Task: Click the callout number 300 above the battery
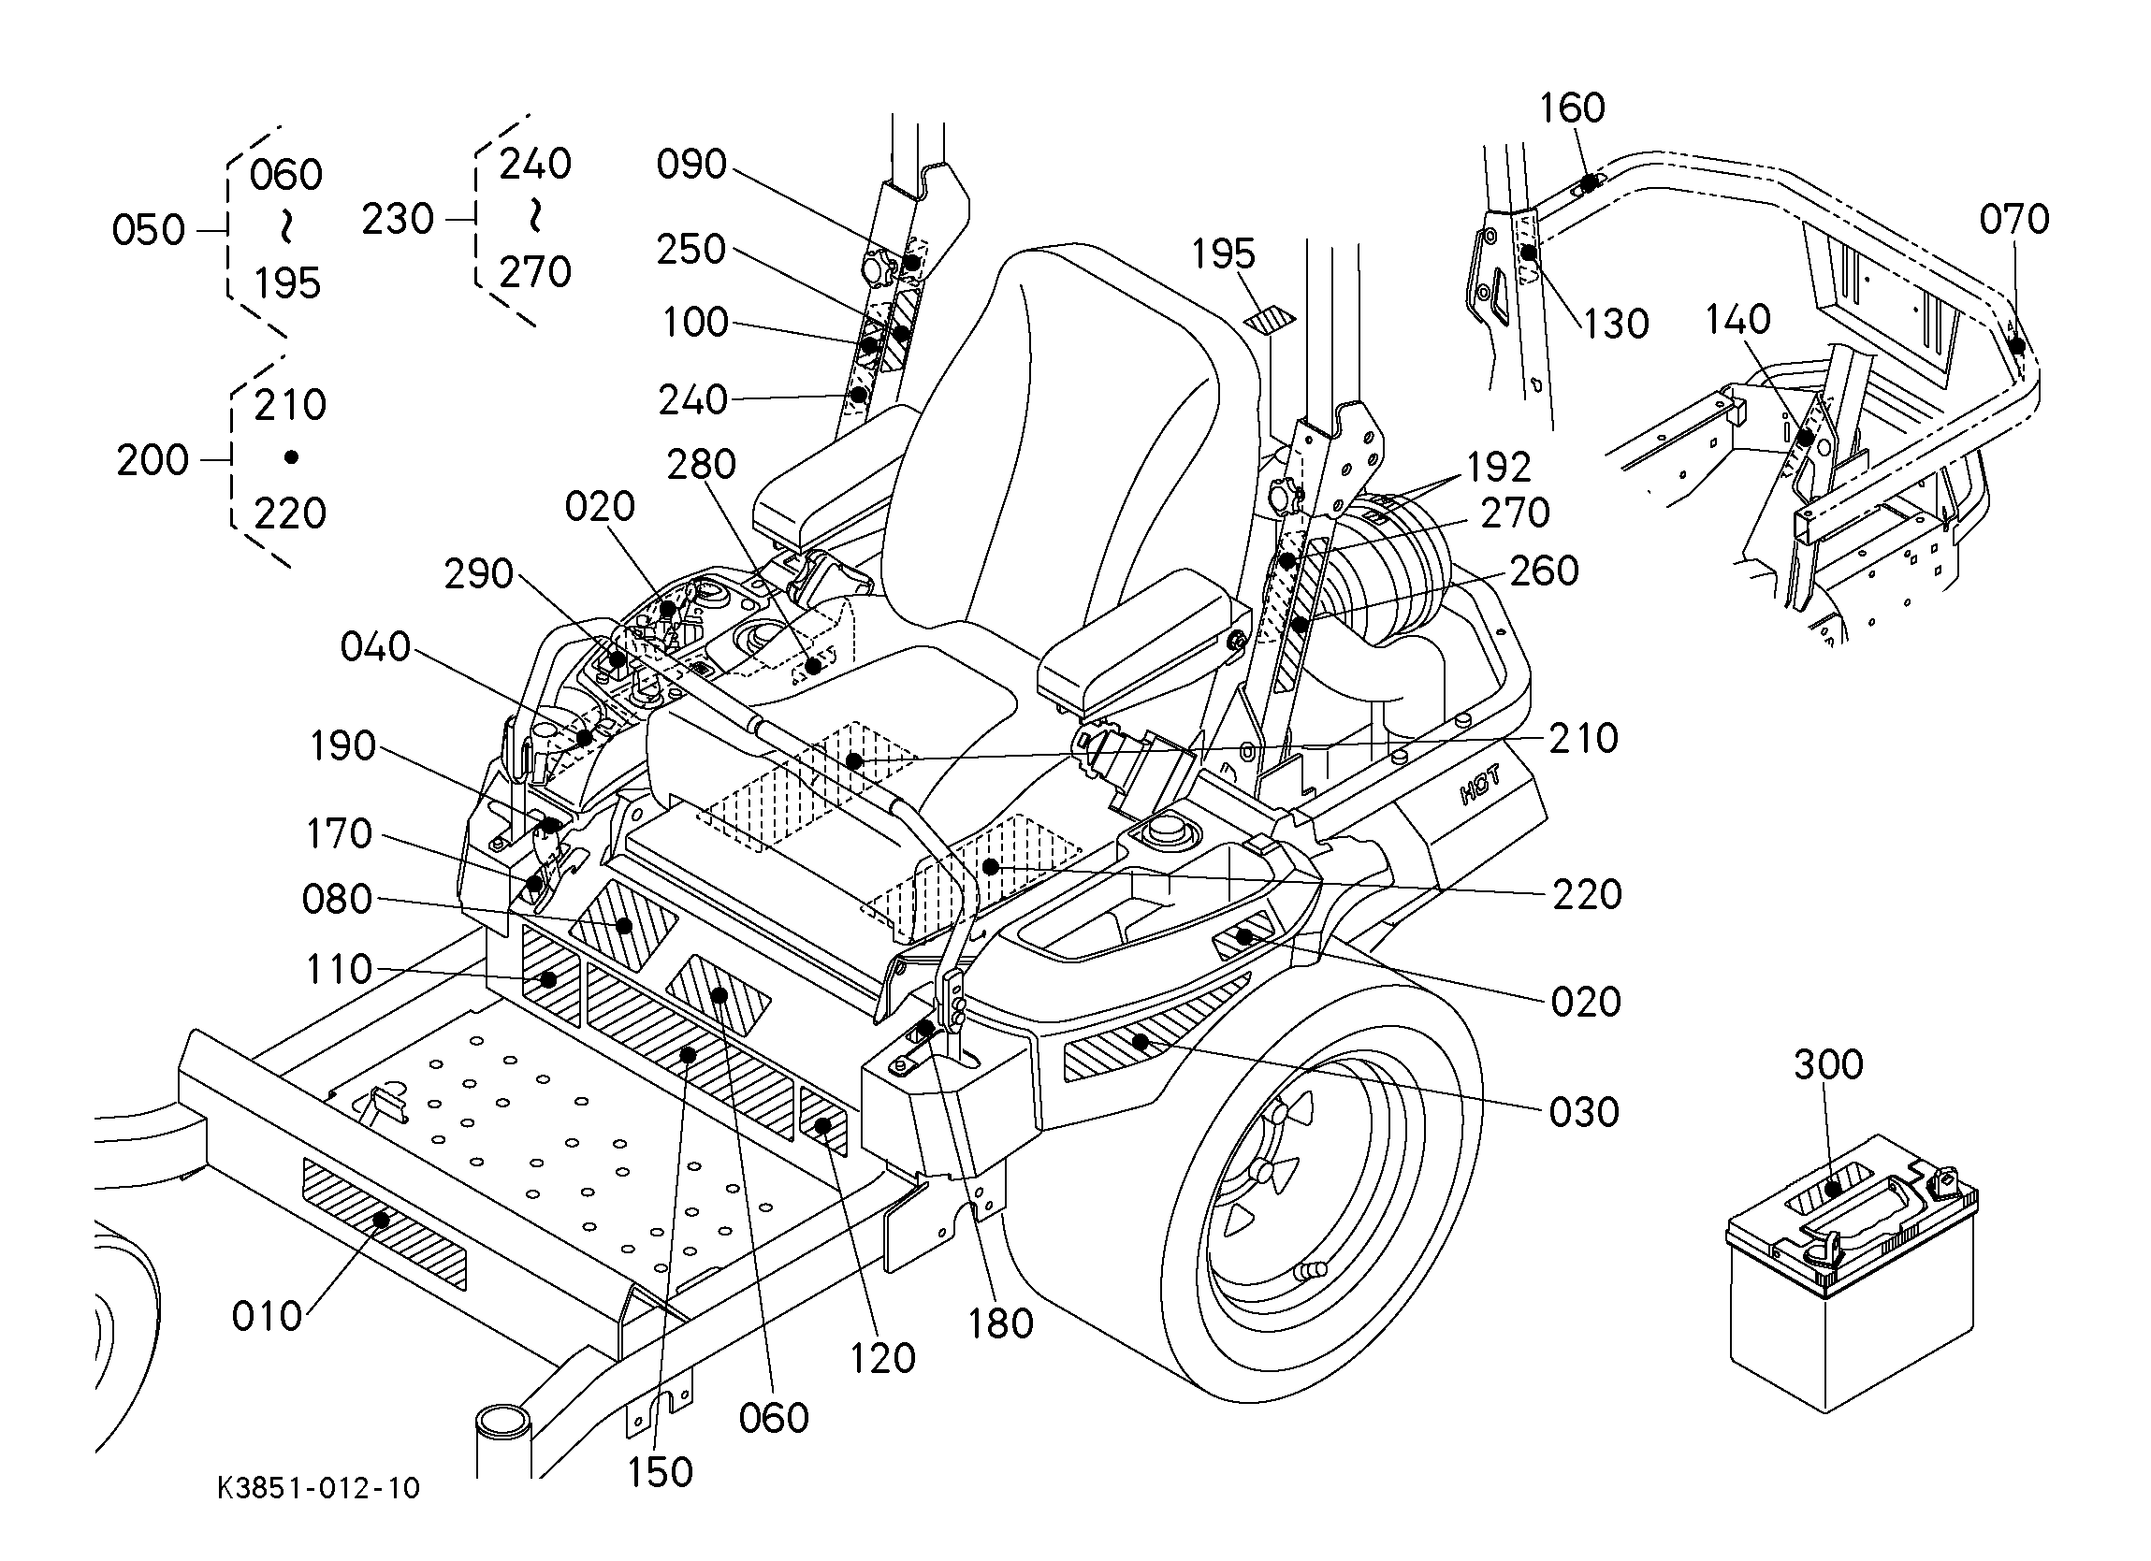click(x=1827, y=1064)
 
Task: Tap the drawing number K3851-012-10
click(x=318, y=1488)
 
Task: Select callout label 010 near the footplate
click(x=267, y=1316)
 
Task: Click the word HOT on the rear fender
click(x=1479, y=787)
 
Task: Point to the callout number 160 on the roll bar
click(x=1572, y=108)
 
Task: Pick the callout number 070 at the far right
click(x=2013, y=220)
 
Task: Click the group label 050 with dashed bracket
click(x=148, y=230)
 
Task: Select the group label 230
click(x=398, y=219)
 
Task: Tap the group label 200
click(x=153, y=461)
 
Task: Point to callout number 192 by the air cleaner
click(x=1499, y=468)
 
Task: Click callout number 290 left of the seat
click(x=478, y=574)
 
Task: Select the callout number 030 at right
click(x=1583, y=1112)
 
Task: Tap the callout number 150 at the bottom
click(x=661, y=1472)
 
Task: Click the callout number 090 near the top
click(x=691, y=165)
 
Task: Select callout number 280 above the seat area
click(x=701, y=465)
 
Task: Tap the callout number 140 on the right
click(x=1737, y=321)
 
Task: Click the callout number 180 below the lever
click(x=1000, y=1323)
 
